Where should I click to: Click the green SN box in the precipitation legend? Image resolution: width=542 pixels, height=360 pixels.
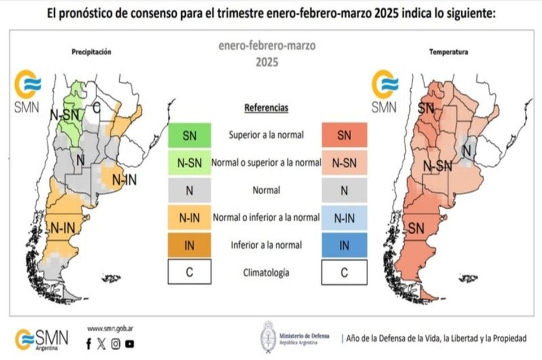tap(189, 135)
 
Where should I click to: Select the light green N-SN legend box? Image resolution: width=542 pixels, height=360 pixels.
tap(189, 163)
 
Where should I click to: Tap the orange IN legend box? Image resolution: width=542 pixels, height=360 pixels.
tap(189, 245)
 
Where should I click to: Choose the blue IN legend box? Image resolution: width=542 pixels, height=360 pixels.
tap(344, 245)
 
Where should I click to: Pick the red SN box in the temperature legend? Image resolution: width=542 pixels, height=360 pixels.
tap(344, 135)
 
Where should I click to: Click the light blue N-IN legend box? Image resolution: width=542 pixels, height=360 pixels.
tap(344, 218)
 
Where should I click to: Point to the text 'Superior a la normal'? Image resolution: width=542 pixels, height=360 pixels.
tap(266, 135)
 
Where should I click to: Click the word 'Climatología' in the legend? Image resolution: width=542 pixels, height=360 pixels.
tap(266, 273)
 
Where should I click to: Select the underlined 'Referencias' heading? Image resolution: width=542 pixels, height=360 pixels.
tap(266, 107)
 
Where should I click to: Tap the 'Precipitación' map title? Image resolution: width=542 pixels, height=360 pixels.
tap(91, 52)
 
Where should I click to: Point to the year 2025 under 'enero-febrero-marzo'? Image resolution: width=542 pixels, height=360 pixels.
tap(266, 63)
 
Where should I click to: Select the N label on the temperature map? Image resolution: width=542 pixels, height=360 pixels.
tap(466, 150)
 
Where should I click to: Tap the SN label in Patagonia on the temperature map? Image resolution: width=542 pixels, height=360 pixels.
tap(416, 229)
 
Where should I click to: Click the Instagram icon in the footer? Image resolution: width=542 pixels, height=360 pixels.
tap(116, 343)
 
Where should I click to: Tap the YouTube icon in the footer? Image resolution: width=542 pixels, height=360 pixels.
tap(130, 343)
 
